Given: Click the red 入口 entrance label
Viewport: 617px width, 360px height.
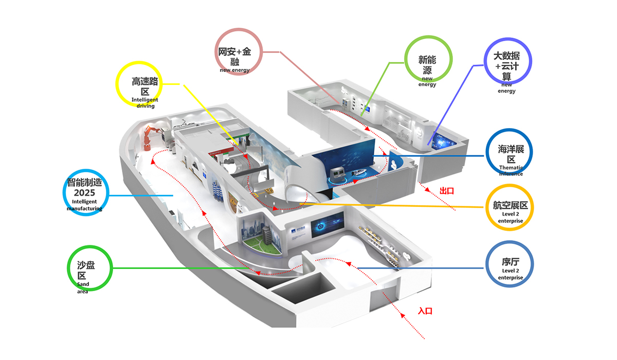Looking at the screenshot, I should click(425, 311).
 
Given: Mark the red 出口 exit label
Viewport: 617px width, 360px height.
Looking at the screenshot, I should click(447, 191).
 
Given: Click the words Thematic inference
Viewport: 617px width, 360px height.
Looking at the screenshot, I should click(511, 170).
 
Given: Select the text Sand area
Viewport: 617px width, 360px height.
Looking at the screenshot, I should click(83, 288).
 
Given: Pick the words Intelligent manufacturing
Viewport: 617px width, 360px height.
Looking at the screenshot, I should click(84, 205).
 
